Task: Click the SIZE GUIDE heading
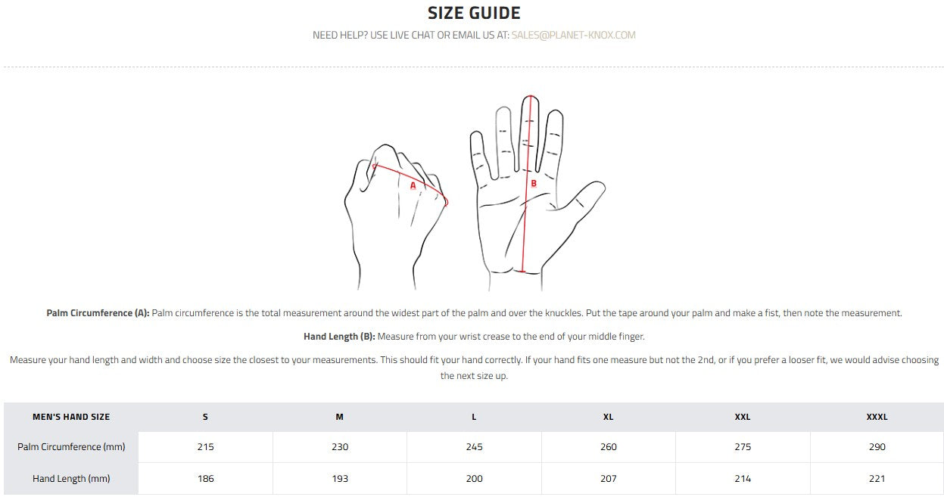[474, 13]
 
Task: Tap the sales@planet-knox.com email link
[574, 35]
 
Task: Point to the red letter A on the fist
[413, 185]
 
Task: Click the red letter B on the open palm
[534, 183]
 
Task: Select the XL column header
[608, 417]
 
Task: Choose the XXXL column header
[877, 417]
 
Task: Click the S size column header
[205, 417]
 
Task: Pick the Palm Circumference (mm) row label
[71, 447]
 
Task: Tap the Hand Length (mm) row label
[71, 479]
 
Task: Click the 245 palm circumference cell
[474, 447]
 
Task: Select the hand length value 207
[608, 479]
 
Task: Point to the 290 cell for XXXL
[877, 447]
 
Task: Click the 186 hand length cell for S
[206, 479]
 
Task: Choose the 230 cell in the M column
[340, 447]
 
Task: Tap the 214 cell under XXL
[743, 479]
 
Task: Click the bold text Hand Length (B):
[339, 337]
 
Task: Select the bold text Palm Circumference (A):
[98, 313]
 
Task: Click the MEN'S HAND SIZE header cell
[71, 417]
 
